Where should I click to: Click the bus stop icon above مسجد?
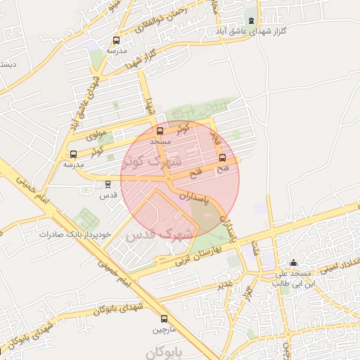(x=160, y=131)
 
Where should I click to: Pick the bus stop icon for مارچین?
(x=164, y=318)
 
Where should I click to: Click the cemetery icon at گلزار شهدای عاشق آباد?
(x=253, y=20)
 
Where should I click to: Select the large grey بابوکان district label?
(x=167, y=349)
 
